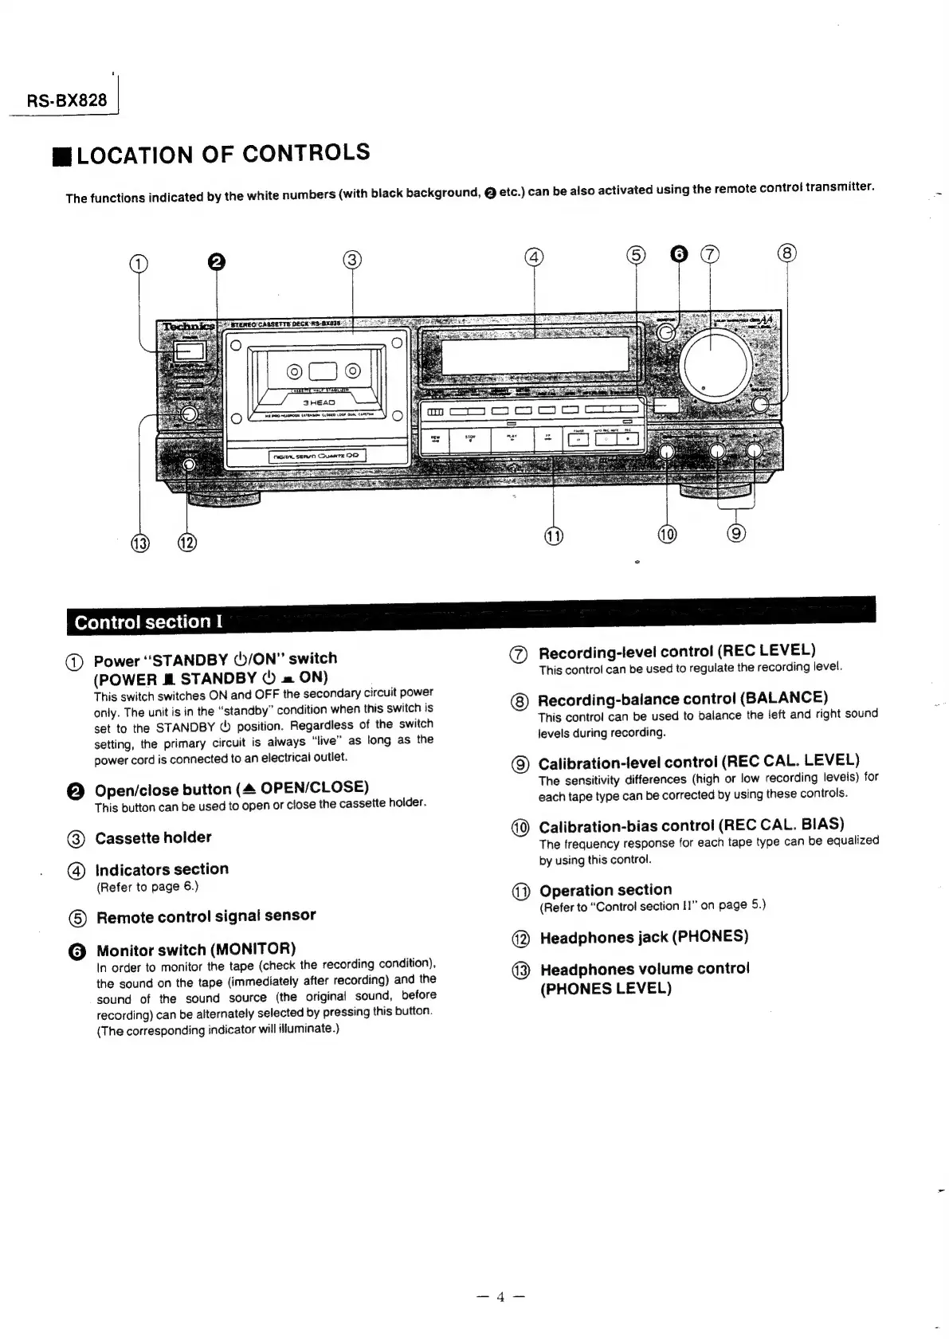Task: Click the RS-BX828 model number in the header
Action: click(x=67, y=100)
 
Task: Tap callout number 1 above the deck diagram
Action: click(x=139, y=265)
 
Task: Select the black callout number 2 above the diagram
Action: click(x=216, y=262)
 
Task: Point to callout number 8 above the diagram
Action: click(x=786, y=253)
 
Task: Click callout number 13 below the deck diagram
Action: click(x=140, y=543)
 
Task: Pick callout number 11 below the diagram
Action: click(x=553, y=535)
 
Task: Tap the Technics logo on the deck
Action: click(x=187, y=326)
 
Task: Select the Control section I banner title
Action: click(x=148, y=622)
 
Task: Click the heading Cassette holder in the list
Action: click(x=153, y=837)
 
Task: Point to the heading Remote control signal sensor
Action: click(x=206, y=916)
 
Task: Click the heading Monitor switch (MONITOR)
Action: click(x=196, y=949)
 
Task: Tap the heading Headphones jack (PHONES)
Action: click(x=644, y=937)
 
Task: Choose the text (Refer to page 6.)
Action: click(x=147, y=887)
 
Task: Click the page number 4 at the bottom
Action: click(x=500, y=1296)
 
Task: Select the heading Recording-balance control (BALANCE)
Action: click(x=683, y=699)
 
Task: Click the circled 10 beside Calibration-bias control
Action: click(x=520, y=828)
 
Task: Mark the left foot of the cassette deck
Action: click(x=224, y=500)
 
